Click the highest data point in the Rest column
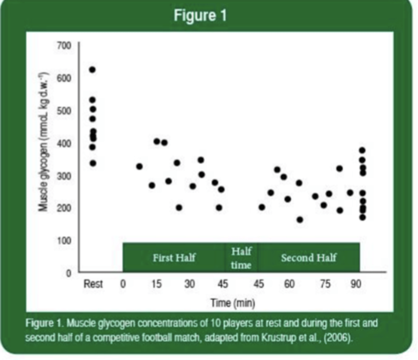[x=92, y=70]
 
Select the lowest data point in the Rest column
[x=93, y=163]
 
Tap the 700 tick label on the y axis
[x=64, y=46]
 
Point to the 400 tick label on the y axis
[x=64, y=143]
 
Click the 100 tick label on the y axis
[x=64, y=240]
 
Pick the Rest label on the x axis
[x=93, y=283]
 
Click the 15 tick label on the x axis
[x=156, y=283]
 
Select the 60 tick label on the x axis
[x=289, y=283]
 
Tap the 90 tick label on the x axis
[x=356, y=283]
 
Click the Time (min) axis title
[x=233, y=303]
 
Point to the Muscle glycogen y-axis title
[x=43, y=141]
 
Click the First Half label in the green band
[x=174, y=258]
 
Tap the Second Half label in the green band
[x=309, y=258]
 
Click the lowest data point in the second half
[x=300, y=220]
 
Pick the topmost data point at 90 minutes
[x=362, y=150]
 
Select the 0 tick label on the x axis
[x=123, y=283]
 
